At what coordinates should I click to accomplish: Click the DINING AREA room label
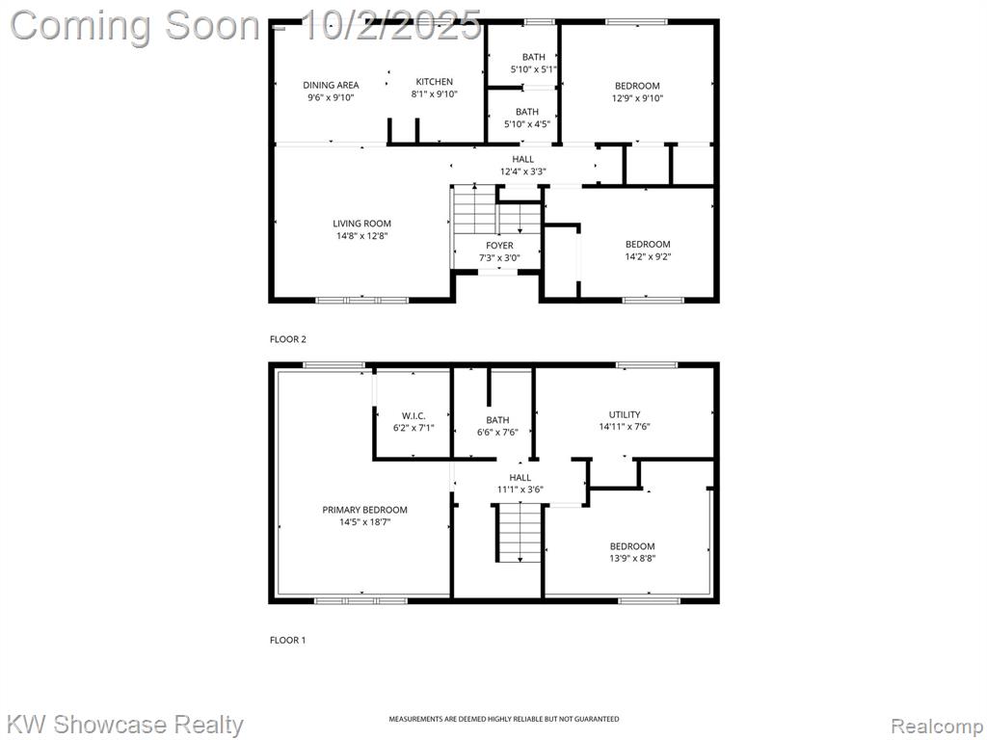331,85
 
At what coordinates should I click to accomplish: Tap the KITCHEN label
435,82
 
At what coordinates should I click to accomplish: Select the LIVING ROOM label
362,224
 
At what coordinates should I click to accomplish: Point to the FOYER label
499,246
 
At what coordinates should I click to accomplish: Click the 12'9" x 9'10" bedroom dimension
638,98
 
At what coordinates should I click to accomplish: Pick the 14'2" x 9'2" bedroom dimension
648,256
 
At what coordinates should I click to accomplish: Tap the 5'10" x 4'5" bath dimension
527,124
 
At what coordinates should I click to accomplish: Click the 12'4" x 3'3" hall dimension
522,172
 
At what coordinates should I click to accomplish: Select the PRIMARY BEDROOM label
365,510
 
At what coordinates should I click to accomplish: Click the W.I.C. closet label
413,416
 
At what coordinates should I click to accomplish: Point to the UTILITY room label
625,414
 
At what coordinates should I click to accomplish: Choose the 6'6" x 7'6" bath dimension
497,433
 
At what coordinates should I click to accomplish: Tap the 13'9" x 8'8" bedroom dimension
632,559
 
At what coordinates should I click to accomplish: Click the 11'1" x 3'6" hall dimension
520,489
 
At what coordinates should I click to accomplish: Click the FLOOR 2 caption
287,339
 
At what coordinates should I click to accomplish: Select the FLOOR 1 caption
287,640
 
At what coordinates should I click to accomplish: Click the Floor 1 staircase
520,532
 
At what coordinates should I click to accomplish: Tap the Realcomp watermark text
937,727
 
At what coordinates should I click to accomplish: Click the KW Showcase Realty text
126,725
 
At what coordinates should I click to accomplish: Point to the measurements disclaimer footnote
503,719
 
